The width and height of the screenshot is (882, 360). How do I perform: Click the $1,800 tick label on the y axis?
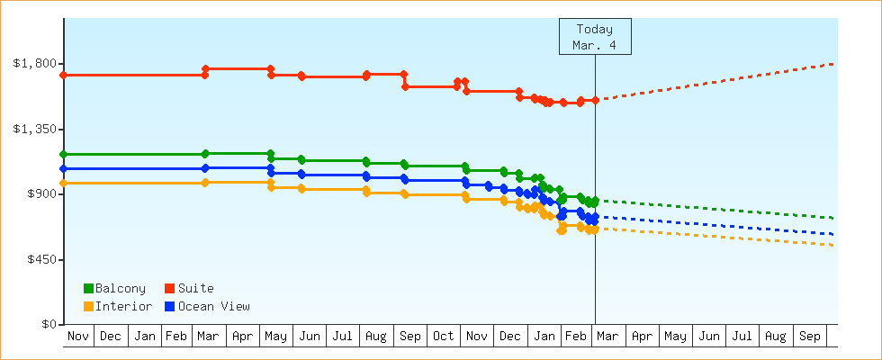pos(35,64)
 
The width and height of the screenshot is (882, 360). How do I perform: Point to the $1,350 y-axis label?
pos(35,129)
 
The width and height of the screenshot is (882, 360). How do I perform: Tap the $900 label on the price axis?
pos(41,194)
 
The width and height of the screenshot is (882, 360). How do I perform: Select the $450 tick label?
pos(41,259)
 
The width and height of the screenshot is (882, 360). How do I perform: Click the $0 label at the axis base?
pos(49,324)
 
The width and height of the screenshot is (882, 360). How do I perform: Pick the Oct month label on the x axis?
pos(443,337)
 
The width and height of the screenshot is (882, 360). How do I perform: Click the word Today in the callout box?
pos(595,29)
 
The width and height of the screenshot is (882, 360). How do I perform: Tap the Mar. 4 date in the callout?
pos(595,44)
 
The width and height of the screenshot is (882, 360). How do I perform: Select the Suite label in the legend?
pos(195,289)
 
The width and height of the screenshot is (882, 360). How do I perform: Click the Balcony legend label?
pos(120,289)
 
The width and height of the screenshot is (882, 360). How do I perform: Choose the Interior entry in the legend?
pos(123,307)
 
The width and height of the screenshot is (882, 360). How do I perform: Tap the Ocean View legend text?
pos(213,307)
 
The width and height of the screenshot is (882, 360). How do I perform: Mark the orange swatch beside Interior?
pos(88,307)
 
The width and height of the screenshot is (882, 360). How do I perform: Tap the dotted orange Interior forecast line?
pos(720,237)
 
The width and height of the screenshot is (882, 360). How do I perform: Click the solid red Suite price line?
pos(135,75)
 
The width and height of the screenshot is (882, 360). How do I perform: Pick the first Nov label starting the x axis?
pos(79,337)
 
